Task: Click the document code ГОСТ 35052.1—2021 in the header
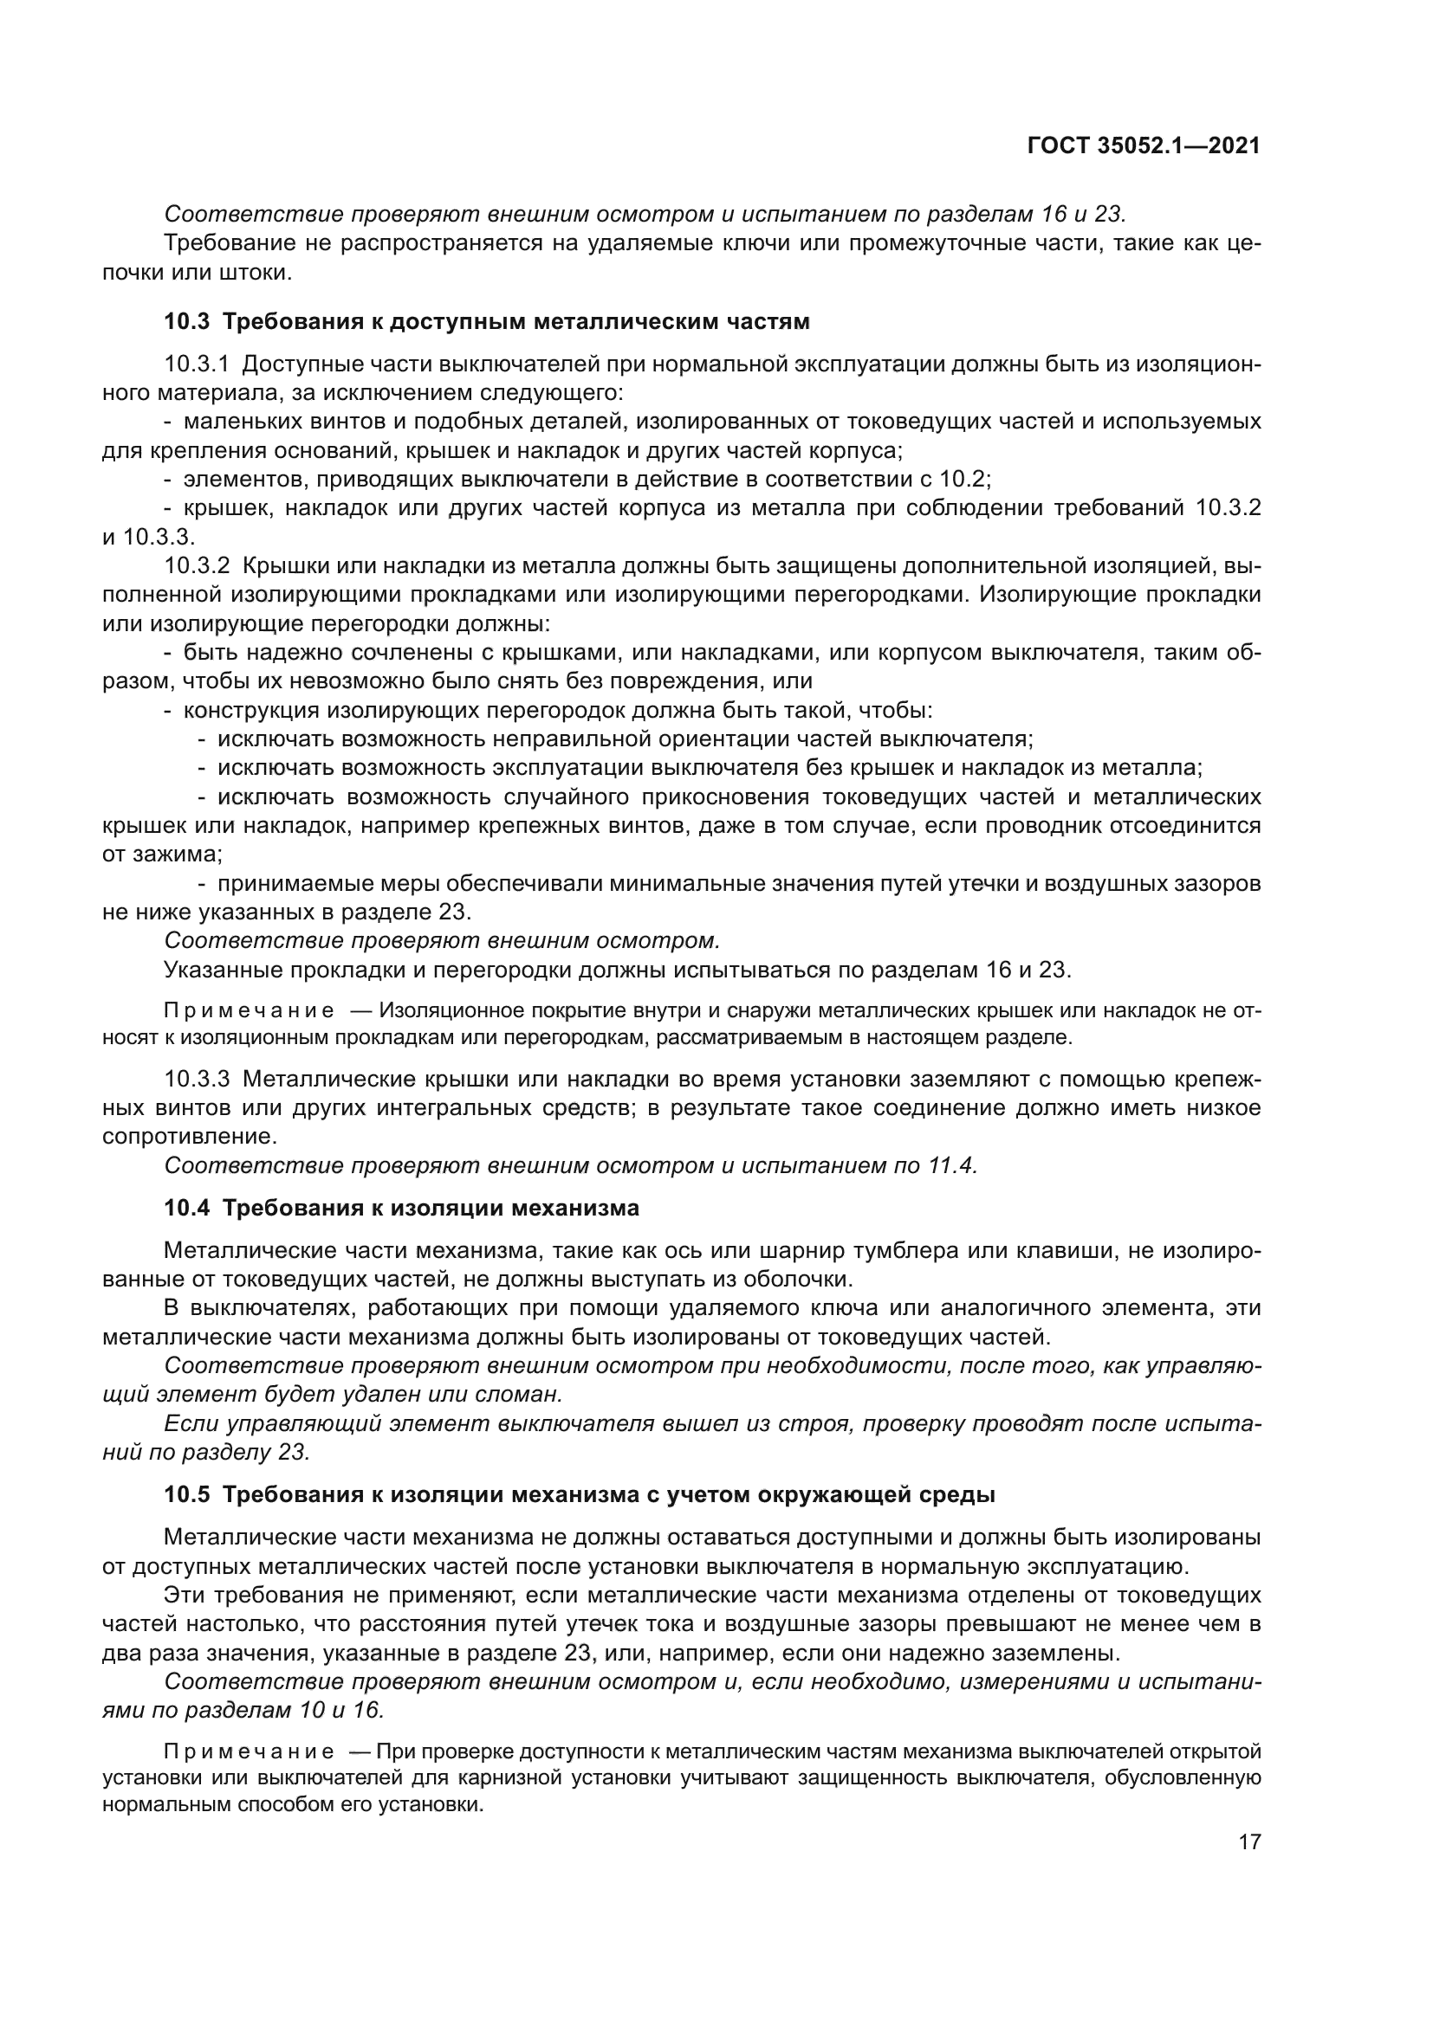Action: (x=1144, y=146)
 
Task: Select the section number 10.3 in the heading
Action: (x=186, y=322)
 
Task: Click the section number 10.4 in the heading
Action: (x=186, y=1209)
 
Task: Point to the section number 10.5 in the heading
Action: (x=186, y=1495)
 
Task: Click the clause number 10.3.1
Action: (x=196, y=364)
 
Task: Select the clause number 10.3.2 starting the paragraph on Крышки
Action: (x=196, y=565)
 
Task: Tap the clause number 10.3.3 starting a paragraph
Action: (x=196, y=1079)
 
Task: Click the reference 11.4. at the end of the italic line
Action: (x=952, y=1166)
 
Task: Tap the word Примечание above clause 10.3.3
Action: (x=249, y=1010)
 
